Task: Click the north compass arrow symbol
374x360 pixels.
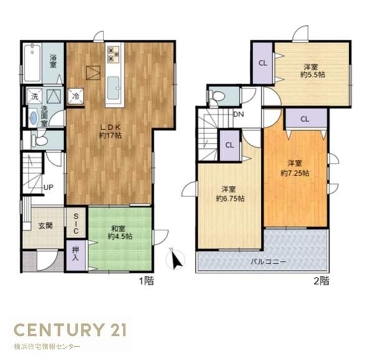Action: click(176, 260)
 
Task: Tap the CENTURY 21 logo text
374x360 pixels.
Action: click(70, 329)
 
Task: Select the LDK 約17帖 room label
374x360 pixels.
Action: click(110, 131)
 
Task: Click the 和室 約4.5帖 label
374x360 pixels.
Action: click(120, 233)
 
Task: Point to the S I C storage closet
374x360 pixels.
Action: click(76, 223)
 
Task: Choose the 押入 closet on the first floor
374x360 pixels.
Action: click(75, 255)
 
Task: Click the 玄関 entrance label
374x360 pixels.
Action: click(46, 226)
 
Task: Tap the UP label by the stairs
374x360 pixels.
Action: click(49, 188)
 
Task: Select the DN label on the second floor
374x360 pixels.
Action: click(239, 114)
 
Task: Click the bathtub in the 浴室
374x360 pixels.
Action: click(32, 63)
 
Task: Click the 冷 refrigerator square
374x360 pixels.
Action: click(76, 97)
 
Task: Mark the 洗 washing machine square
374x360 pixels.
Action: click(34, 97)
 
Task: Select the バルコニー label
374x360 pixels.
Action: click(268, 261)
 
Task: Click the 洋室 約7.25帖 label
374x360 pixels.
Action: click(295, 168)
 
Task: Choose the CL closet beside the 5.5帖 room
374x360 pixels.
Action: click(263, 63)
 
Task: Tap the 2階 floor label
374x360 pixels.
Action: click(322, 281)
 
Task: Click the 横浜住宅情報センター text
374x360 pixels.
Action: click(47, 347)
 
